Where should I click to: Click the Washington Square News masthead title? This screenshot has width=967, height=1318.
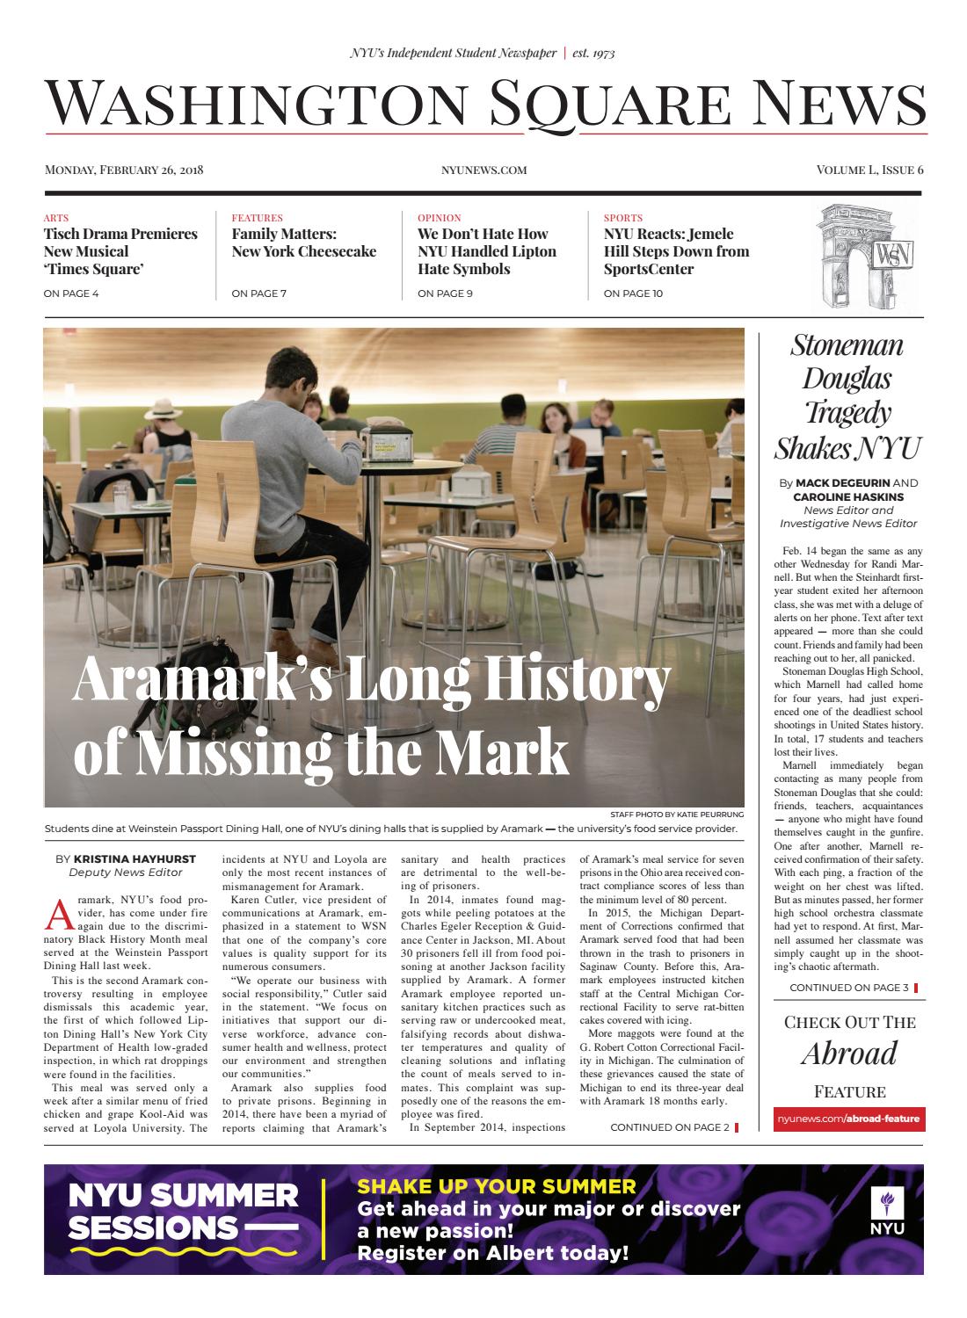point(484,104)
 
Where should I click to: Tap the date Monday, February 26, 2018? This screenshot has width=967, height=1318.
point(124,170)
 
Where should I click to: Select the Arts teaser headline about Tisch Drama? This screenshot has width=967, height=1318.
point(120,251)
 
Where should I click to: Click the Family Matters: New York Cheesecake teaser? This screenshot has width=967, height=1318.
point(303,243)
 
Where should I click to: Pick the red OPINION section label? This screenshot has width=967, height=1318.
point(439,218)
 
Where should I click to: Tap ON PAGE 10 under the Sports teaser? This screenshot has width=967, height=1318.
point(633,293)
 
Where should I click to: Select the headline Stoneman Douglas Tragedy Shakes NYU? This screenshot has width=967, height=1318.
point(847,395)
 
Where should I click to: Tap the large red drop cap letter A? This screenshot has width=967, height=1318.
point(56,914)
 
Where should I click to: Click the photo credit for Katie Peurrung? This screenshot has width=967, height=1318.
point(676,815)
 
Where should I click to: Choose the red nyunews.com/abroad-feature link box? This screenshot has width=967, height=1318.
point(847,1119)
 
